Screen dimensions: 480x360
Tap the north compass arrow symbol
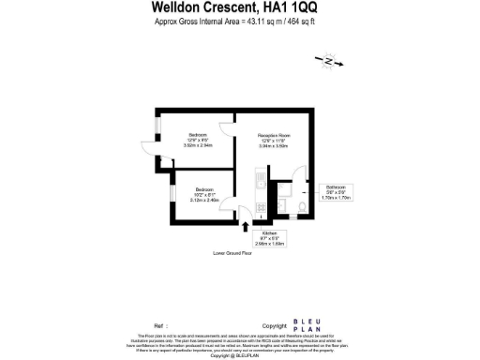pos(331,62)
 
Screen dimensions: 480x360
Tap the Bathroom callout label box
pos(335,193)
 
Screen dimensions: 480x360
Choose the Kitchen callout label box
pos(269,239)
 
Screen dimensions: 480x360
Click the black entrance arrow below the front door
pos(246,225)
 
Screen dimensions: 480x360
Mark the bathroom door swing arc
pos(277,191)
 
